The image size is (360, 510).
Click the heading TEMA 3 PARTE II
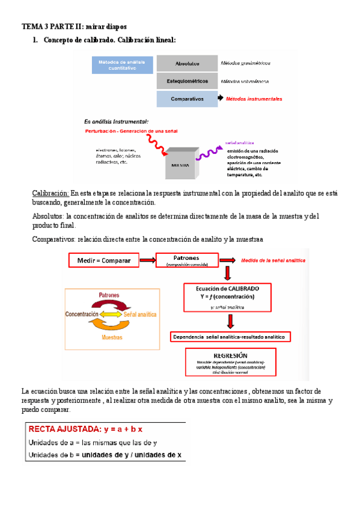click(74, 27)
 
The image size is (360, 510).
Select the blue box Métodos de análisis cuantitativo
click(122, 66)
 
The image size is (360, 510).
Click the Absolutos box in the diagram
click(187, 64)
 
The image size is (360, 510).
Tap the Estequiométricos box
click(187, 81)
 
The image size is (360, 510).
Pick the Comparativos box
click(187, 99)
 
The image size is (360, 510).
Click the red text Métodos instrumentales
click(254, 99)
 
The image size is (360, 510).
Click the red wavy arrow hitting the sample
click(153, 145)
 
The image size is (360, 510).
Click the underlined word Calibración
click(50, 193)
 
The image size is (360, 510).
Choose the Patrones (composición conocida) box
click(187, 260)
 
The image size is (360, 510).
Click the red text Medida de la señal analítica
click(272, 260)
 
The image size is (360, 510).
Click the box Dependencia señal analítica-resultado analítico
click(231, 336)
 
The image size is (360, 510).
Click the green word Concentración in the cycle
click(82, 315)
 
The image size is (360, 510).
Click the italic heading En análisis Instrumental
click(112, 121)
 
